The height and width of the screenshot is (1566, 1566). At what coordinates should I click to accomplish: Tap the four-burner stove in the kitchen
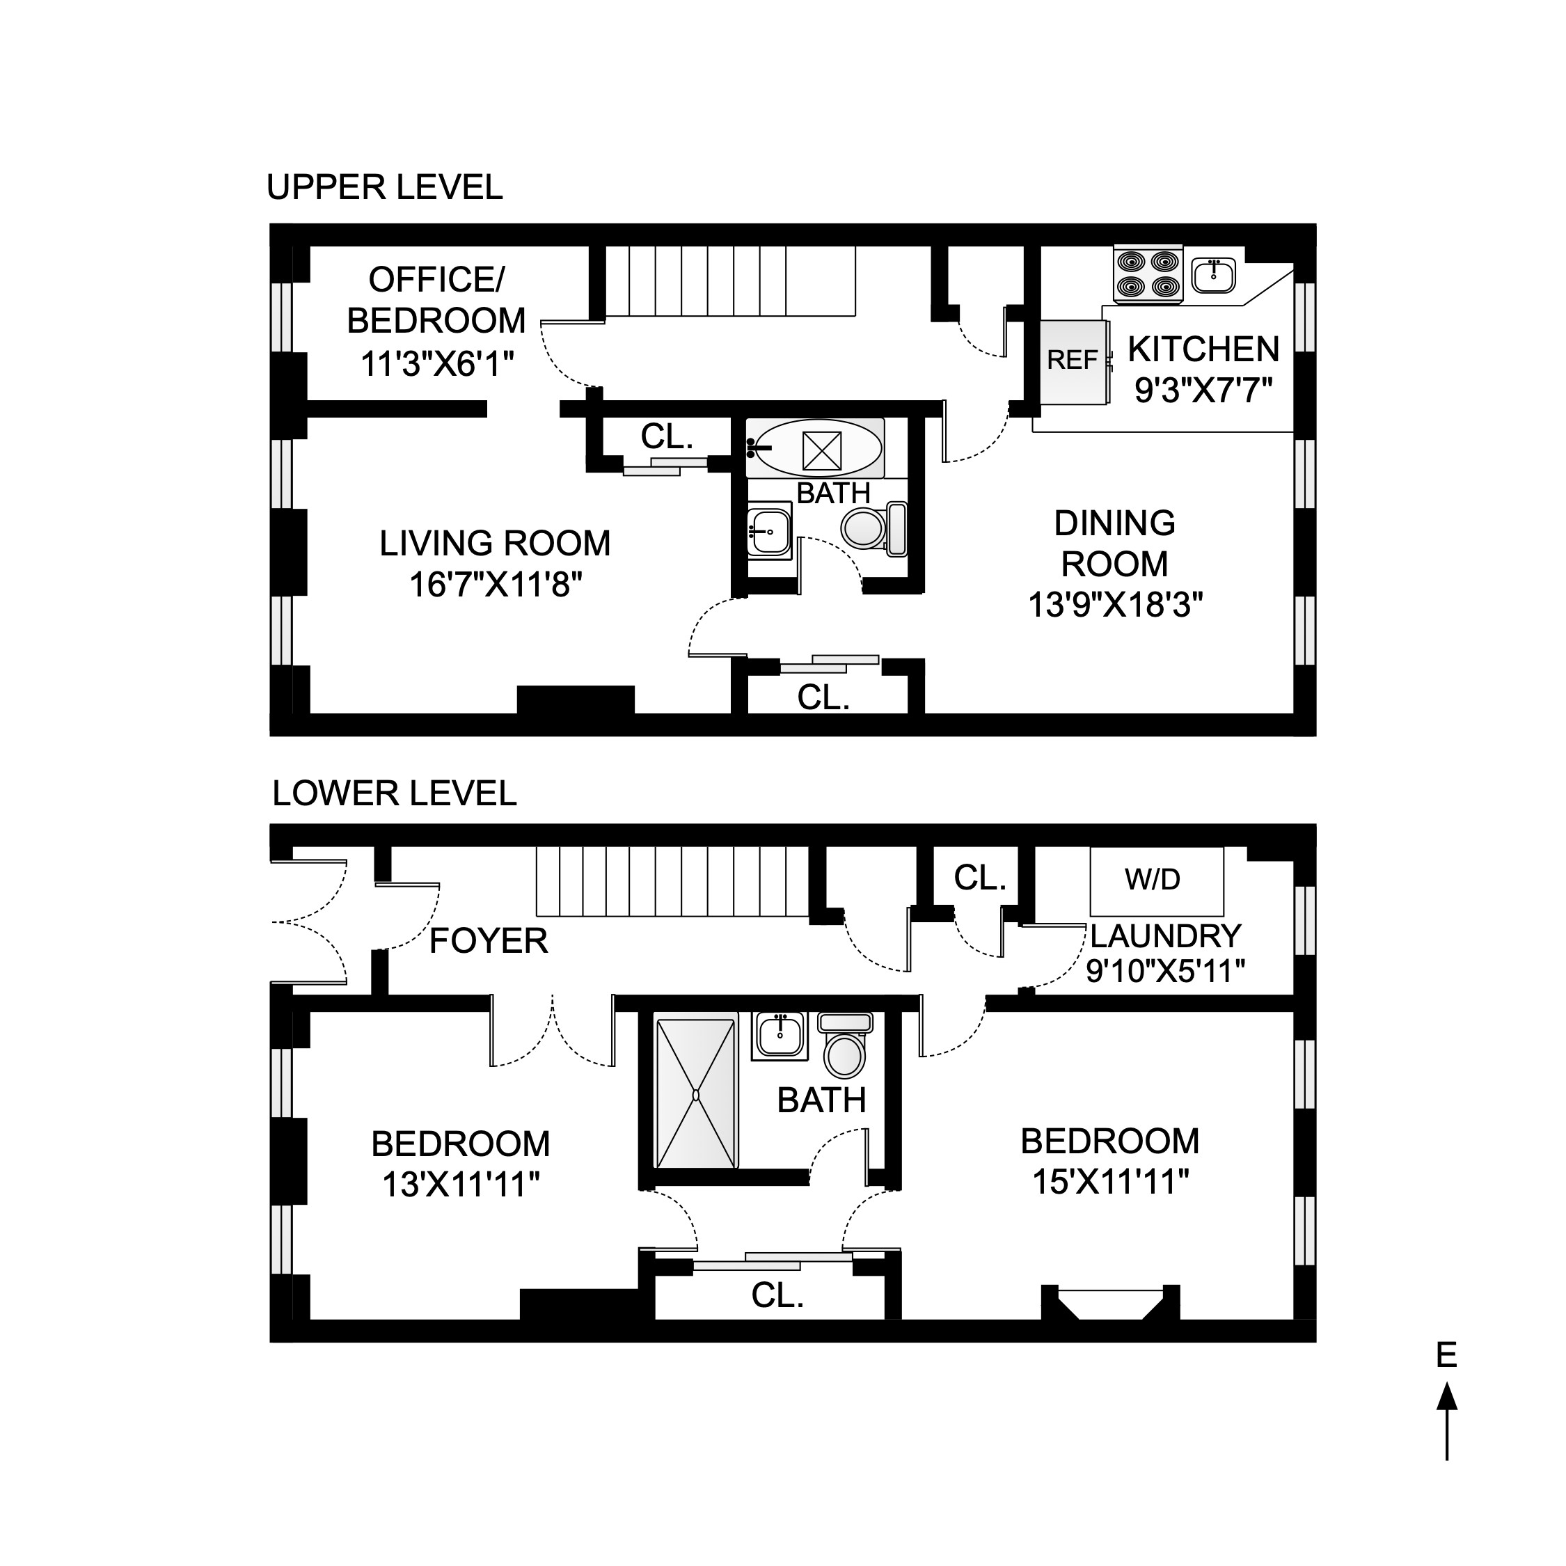click(1148, 274)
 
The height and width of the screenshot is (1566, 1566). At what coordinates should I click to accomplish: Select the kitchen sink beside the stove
click(1213, 275)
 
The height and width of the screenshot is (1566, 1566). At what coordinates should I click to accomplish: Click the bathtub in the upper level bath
click(816, 448)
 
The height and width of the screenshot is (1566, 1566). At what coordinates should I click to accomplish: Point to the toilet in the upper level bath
click(873, 528)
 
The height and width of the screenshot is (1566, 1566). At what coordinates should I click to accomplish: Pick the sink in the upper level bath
click(768, 532)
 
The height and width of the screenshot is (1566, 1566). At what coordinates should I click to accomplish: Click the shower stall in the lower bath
click(695, 1094)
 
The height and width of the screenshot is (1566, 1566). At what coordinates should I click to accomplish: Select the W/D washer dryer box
click(1155, 881)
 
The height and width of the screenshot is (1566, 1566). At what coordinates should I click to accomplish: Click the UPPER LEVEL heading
click(384, 188)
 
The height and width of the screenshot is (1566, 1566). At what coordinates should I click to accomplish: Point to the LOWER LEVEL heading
click(394, 793)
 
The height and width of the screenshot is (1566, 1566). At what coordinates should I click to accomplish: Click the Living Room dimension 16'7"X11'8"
click(496, 585)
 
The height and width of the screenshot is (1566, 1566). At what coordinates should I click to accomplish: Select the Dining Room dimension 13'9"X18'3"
click(1115, 605)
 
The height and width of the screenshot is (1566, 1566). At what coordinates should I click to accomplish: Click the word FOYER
click(488, 942)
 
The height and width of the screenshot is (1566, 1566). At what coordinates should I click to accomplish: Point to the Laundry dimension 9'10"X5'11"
click(1165, 970)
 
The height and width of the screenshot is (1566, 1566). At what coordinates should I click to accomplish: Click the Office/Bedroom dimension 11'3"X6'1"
click(437, 364)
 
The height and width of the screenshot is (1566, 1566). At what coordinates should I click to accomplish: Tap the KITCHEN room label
click(1203, 349)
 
